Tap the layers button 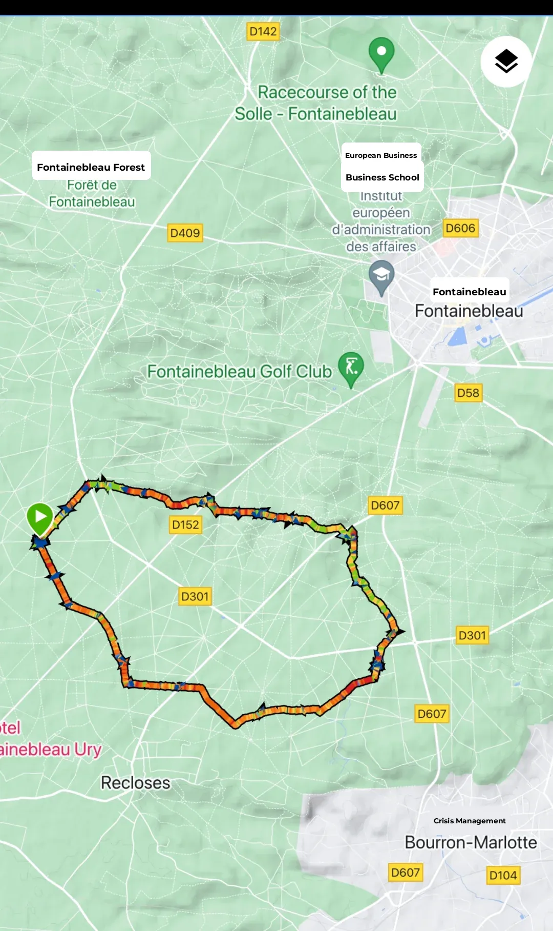(506, 62)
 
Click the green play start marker (40, 517)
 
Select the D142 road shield (263, 32)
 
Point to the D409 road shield (185, 233)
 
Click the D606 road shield (460, 228)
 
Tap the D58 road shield (468, 393)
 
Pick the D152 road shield (185, 524)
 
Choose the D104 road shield (503, 875)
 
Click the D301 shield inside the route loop (195, 596)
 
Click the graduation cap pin (381, 276)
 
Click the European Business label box (381, 155)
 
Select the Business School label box (382, 177)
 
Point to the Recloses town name (136, 783)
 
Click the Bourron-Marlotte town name (471, 842)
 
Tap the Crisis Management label (470, 821)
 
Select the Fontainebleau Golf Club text (239, 371)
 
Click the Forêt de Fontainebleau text (92, 193)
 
